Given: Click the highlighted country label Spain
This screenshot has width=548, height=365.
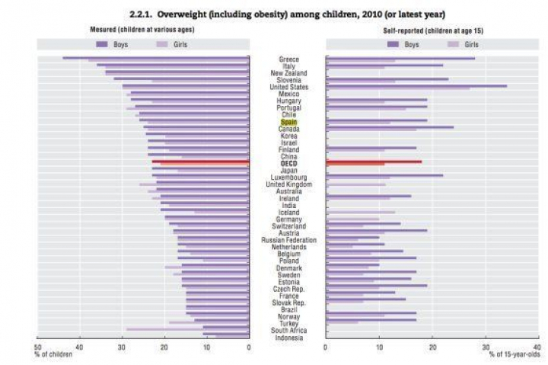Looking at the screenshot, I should (x=288, y=122).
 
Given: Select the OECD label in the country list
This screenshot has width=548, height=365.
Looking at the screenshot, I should (x=288, y=163).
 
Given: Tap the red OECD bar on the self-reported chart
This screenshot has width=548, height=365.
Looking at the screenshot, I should (x=373, y=162).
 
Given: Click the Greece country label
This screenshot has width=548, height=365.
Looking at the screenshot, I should (x=288, y=59).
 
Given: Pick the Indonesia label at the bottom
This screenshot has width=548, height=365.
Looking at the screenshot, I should (x=288, y=338).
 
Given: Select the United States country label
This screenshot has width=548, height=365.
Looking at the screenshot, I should (x=288, y=87).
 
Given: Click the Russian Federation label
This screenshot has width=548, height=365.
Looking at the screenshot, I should (x=288, y=240).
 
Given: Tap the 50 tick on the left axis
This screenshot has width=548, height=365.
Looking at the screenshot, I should (x=37, y=346).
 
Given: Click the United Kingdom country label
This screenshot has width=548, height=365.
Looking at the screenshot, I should (x=288, y=184).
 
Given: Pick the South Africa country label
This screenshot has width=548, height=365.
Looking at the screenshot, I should (x=288, y=331).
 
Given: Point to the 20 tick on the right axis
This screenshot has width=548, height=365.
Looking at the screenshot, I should (x=432, y=346).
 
